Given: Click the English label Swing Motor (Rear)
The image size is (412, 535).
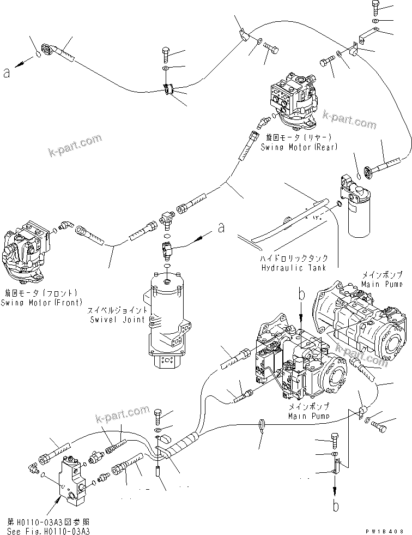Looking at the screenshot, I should click(x=299, y=147).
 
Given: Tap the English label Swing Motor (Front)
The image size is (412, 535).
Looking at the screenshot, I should click(x=41, y=302).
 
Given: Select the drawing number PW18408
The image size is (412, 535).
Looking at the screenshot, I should click(x=389, y=530).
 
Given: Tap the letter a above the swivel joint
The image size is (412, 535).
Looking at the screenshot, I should click(x=221, y=227).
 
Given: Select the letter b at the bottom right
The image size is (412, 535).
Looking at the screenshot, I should click(x=336, y=506).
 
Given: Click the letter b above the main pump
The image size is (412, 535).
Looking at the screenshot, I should click(x=300, y=295).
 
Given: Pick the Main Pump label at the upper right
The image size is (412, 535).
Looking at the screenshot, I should click(x=381, y=284).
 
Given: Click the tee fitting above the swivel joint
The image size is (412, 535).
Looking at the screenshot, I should click(x=167, y=219).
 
